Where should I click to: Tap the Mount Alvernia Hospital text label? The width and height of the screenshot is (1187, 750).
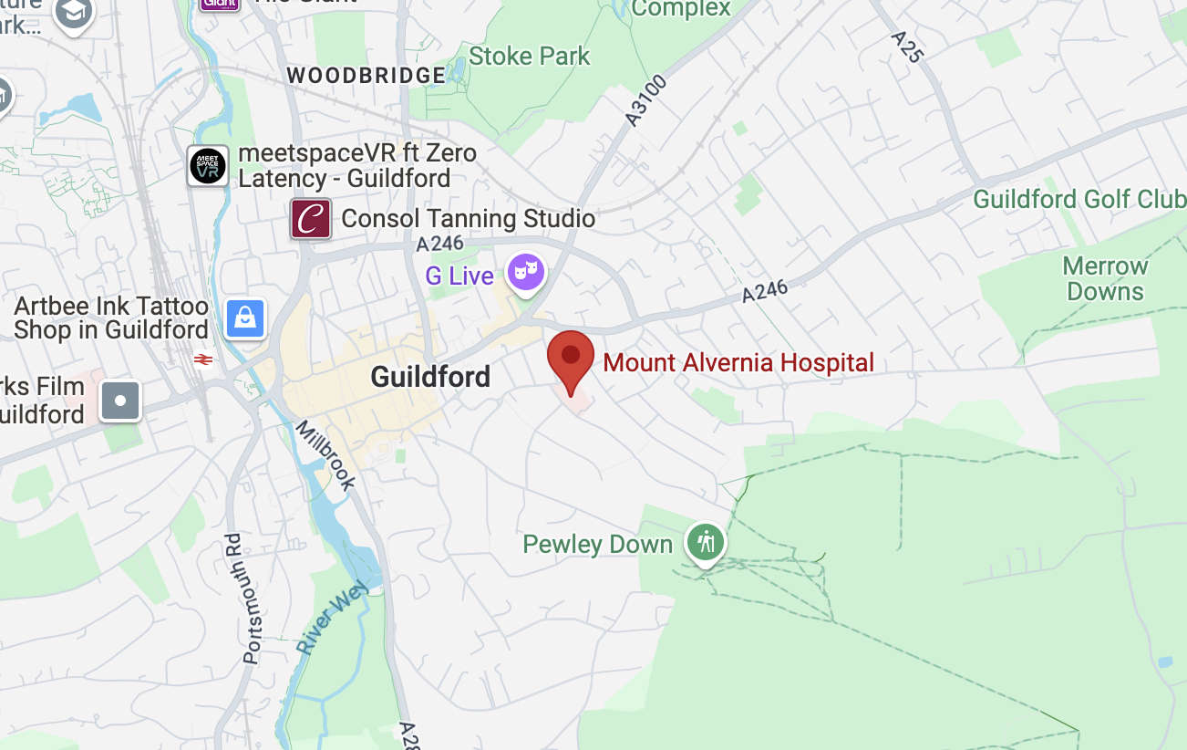click(738, 362)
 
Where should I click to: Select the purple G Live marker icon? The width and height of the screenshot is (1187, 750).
click(526, 272)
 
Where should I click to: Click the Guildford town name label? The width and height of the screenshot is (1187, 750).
click(430, 376)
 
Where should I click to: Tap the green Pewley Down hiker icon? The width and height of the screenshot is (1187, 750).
click(705, 542)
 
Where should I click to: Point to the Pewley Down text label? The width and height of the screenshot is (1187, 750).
click(597, 545)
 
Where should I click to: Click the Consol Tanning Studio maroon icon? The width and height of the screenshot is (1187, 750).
click(311, 219)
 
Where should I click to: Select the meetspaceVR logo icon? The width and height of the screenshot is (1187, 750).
click(208, 166)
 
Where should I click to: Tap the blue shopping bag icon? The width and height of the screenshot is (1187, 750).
click(245, 318)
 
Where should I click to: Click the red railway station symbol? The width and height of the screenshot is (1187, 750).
click(203, 359)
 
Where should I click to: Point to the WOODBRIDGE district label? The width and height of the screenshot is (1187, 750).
click(366, 76)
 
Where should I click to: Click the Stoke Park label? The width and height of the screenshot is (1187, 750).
click(530, 56)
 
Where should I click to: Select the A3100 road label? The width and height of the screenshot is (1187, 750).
click(646, 100)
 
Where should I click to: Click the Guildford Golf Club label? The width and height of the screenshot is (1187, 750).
click(1079, 199)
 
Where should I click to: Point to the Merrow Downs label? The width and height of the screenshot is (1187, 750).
click(1105, 279)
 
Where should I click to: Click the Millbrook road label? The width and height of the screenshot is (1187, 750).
click(325, 456)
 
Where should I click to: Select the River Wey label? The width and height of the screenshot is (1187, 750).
click(332, 617)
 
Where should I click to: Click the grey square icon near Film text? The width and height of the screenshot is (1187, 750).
click(120, 401)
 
